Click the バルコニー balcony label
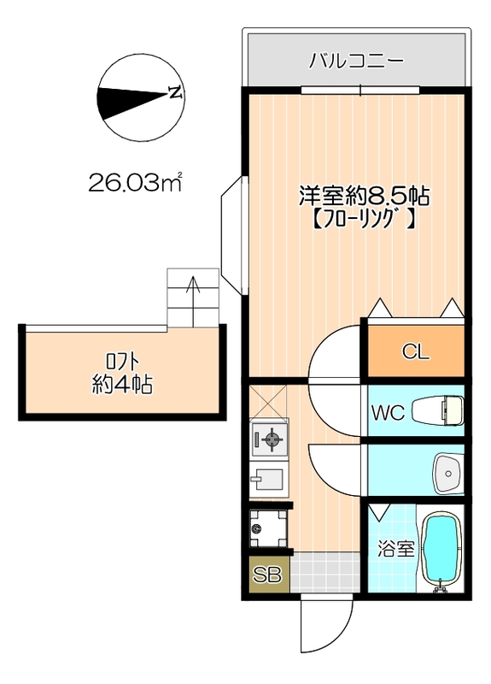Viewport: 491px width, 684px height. point(356,62)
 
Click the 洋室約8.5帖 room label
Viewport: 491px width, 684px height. point(362,195)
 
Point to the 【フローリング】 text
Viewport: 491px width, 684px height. point(362,219)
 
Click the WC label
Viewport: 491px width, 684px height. point(387,412)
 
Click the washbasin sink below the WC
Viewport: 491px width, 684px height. point(447,469)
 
